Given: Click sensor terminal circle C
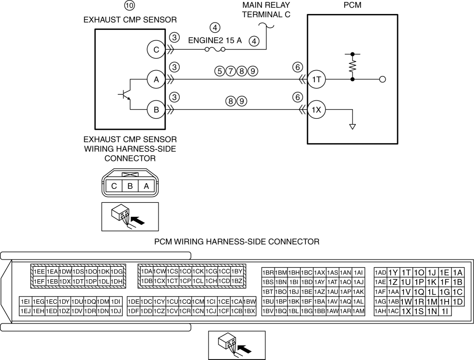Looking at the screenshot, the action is (x=156, y=50).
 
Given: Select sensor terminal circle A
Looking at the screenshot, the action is (x=156, y=79).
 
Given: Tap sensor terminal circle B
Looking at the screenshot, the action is (x=156, y=110).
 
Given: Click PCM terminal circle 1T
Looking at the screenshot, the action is (x=316, y=79).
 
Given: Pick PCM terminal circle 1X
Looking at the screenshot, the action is (x=316, y=110).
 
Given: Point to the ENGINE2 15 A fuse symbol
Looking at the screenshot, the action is (x=215, y=50).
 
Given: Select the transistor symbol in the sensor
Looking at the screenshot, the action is (x=125, y=94).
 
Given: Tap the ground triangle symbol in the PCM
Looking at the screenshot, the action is (x=352, y=127).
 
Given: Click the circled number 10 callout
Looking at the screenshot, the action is (x=129, y=5).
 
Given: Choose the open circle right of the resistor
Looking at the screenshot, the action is (x=382, y=79).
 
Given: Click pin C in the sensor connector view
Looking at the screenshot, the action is (x=114, y=186).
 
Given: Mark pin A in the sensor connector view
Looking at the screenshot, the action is (x=146, y=186).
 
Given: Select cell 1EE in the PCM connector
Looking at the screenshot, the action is (x=39, y=272).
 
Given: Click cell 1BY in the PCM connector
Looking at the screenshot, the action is (x=237, y=272).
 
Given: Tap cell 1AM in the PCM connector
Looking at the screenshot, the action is (x=359, y=311).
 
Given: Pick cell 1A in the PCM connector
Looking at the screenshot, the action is (x=458, y=273).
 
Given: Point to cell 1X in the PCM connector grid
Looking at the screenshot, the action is (x=406, y=311).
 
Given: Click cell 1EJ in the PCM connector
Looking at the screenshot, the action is (x=25, y=311).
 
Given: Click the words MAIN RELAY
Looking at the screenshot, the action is (x=266, y=5).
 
